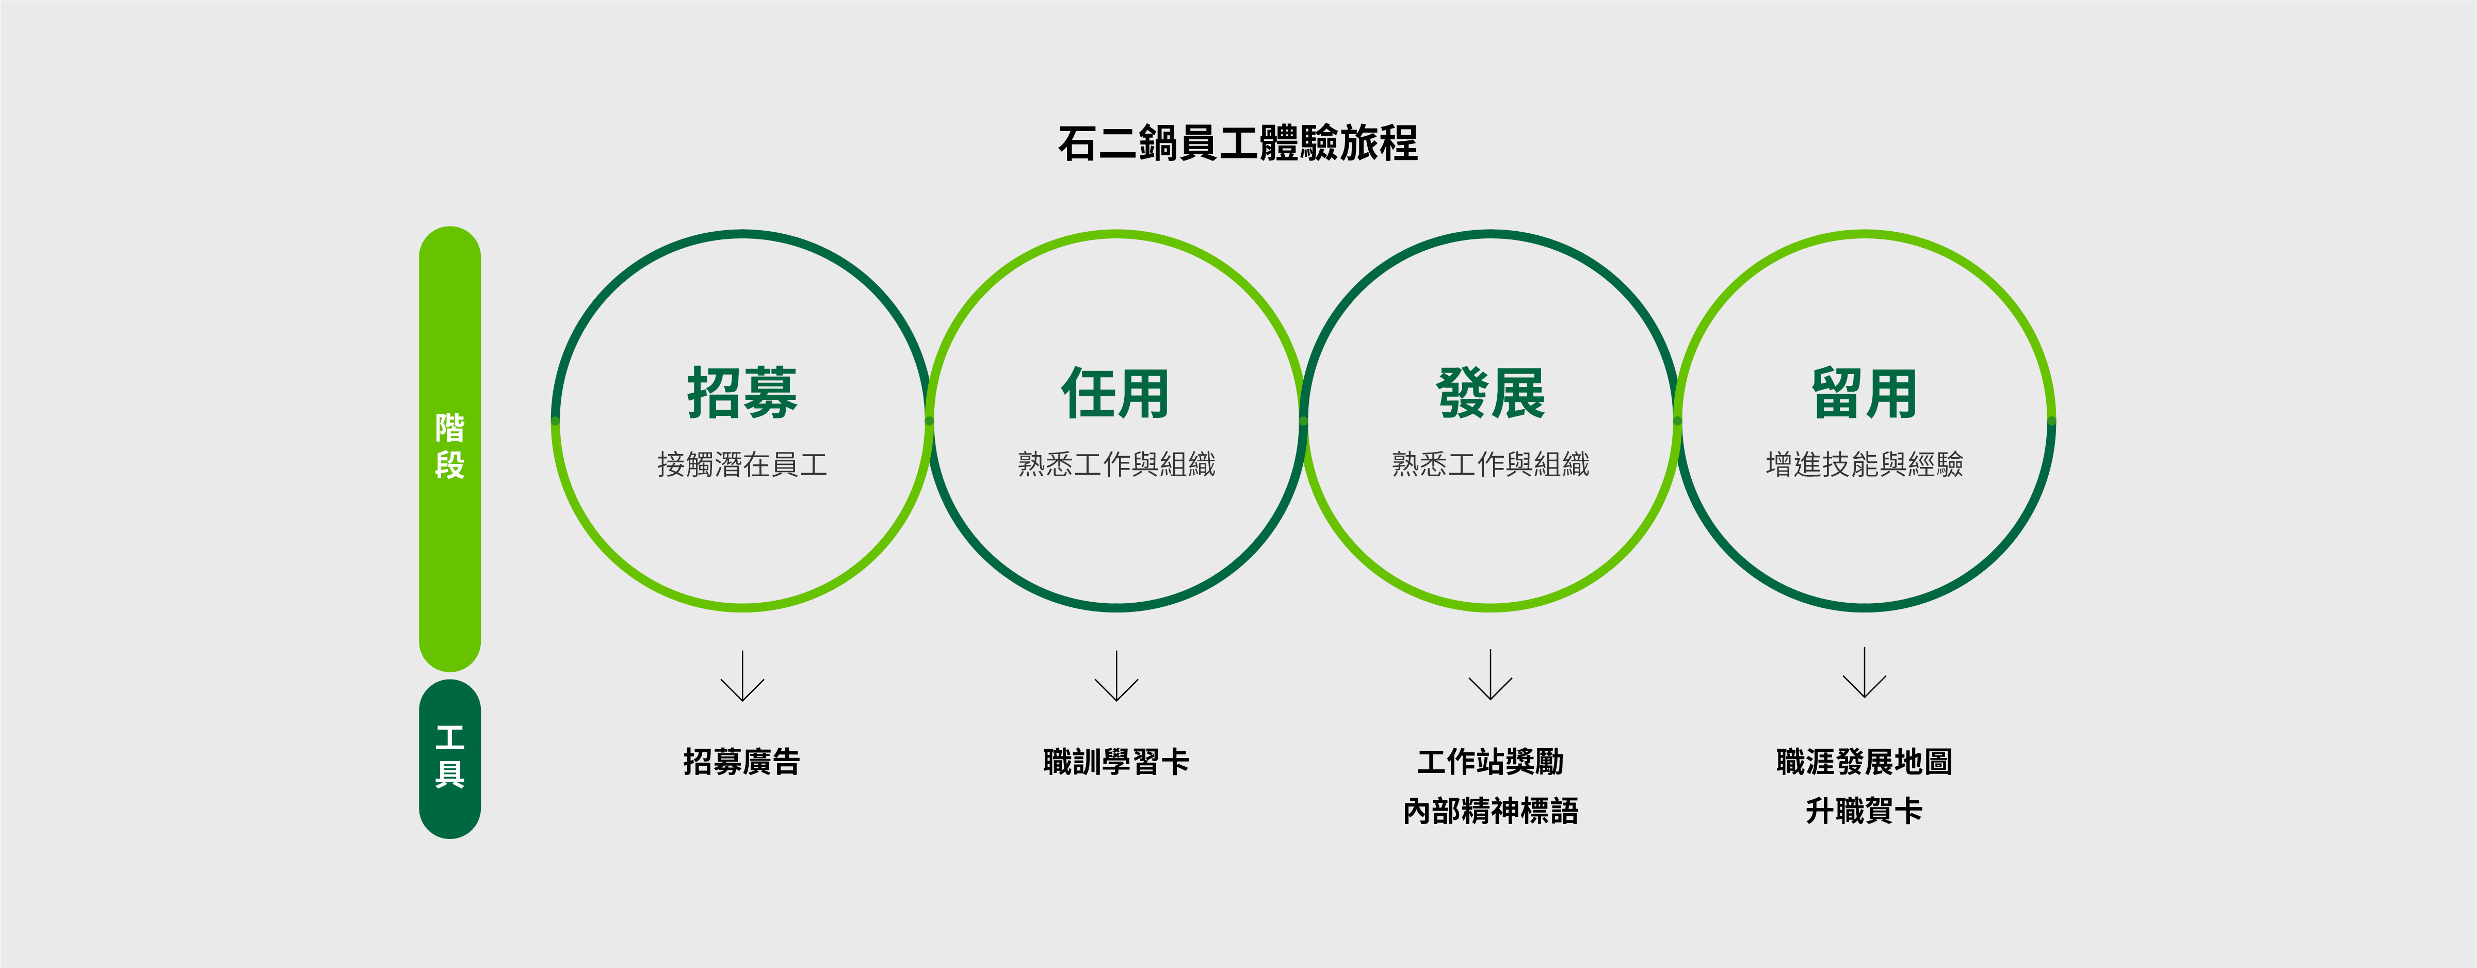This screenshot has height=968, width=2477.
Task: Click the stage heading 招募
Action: [742, 393]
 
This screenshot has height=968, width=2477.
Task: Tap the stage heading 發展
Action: [1491, 393]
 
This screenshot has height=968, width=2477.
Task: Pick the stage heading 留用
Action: [1865, 393]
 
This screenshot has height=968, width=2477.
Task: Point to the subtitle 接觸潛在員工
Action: [742, 464]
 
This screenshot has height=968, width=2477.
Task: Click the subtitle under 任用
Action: [1116, 464]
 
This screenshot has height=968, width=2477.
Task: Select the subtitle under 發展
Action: [1491, 464]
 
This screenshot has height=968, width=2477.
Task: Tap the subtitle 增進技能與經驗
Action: [1865, 464]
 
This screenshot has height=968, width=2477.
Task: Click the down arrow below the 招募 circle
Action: [742, 676]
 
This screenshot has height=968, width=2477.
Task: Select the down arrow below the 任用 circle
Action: [1116, 676]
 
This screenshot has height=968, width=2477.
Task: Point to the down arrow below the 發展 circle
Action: [1491, 675]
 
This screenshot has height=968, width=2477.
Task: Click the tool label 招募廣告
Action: [742, 761]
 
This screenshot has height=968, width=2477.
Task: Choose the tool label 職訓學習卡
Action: [1116, 761]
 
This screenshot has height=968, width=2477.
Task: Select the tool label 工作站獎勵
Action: [1491, 761]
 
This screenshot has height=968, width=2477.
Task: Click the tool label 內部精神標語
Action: [1491, 810]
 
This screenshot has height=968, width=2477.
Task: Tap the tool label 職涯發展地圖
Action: [1865, 761]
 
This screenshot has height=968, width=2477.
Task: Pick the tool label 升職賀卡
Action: [1865, 810]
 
